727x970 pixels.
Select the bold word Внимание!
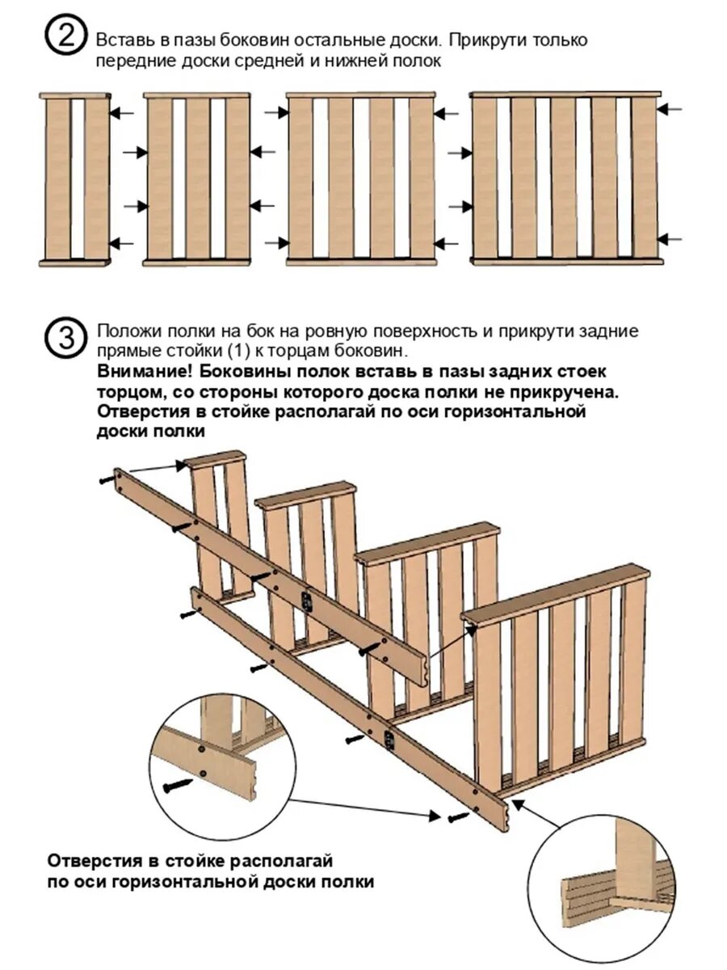click(144, 372)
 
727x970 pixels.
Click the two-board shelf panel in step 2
click(75, 179)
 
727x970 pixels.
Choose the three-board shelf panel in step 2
click(198, 179)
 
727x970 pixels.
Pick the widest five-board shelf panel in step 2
click(565, 179)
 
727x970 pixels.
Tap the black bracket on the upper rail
click(306, 600)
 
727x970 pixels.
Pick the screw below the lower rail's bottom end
click(456, 818)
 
